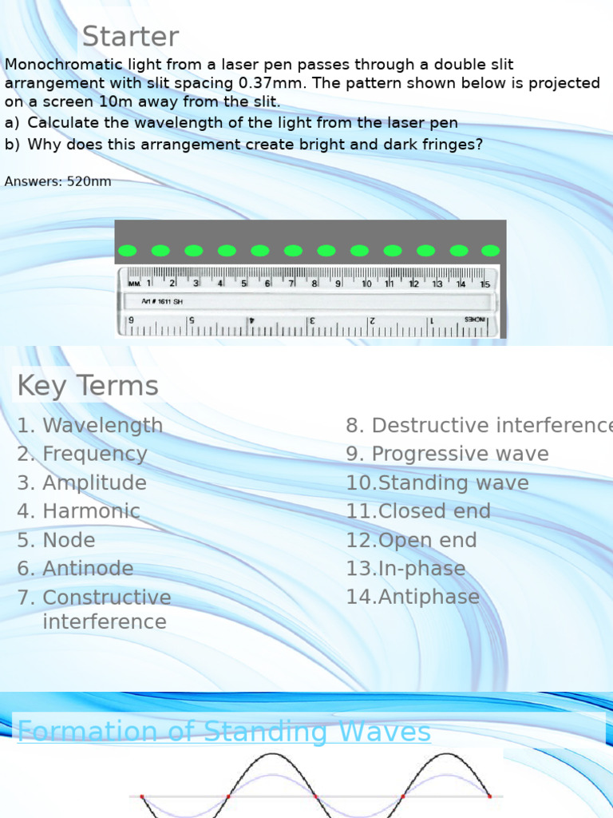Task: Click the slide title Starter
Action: [x=130, y=37]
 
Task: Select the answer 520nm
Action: [x=89, y=181]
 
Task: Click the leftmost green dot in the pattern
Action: [x=128, y=251]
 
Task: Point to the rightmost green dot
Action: [x=490, y=251]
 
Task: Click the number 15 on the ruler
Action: [x=484, y=284]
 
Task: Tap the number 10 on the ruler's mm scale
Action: [x=366, y=284]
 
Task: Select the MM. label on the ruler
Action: [x=133, y=284]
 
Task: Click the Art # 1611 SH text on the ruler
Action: [x=162, y=301]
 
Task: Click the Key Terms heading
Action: [x=88, y=386]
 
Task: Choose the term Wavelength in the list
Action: [x=102, y=426]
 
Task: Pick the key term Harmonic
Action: [x=91, y=511]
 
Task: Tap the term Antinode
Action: [x=88, y=569]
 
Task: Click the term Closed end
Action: [x=434, y=511]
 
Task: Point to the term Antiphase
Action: [x=429, y=597]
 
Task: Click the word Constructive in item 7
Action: [x=107, y=598]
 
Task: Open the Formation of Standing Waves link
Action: [x=224, y=731]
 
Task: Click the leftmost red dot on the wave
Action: [x=142, y=796]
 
